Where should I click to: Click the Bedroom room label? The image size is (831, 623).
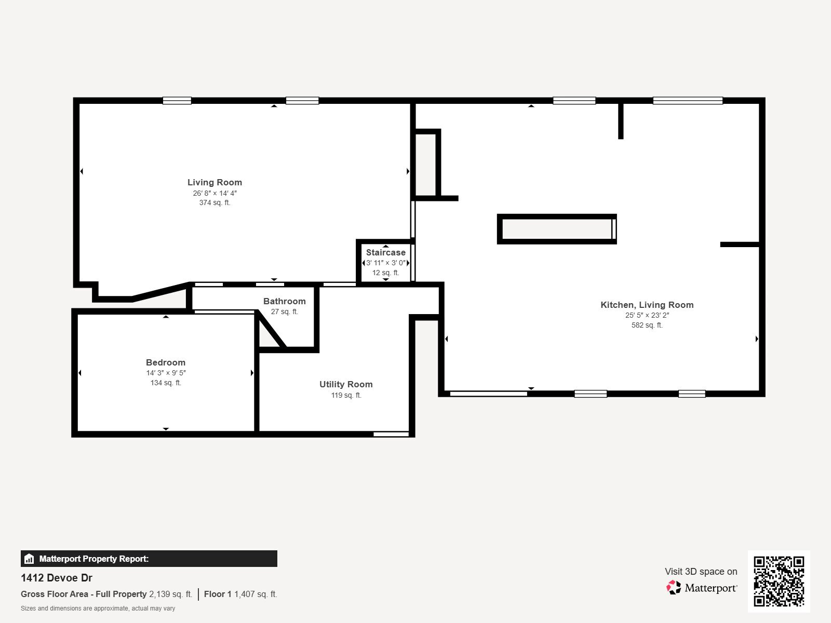(x=166, y=362)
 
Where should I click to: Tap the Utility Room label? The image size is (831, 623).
(x=346, y=384)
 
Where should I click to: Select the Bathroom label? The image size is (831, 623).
(x=284, y=302)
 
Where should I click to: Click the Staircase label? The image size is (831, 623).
(x=385, y=252)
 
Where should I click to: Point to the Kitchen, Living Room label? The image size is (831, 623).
(x=647, y=305)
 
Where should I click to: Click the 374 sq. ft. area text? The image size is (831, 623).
(x=215, y=203)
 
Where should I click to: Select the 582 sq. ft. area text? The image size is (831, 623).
(x=647, y=325)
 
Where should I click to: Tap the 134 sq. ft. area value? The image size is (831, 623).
(x=166, y=383)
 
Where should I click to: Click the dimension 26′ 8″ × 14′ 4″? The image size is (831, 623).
(x=215, y=193)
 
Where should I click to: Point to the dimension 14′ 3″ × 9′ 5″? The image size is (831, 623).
(x=166, y=373)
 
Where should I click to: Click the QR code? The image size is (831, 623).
(x=779, y=581)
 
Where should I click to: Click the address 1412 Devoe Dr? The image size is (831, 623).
(x=57, y=578)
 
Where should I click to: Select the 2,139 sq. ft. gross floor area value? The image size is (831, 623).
(x=171, y=594)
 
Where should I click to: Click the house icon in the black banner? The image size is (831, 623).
(x=29, y=559)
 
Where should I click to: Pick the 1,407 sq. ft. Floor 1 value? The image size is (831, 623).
(x=256, y=594)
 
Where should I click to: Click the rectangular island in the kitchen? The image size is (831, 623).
(x=557, y=229)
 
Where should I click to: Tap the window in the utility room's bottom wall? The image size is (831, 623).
(x=391, y=434)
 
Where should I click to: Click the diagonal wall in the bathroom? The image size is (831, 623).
(x=272, y=329)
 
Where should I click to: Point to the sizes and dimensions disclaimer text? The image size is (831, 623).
(x=98, y=608)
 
